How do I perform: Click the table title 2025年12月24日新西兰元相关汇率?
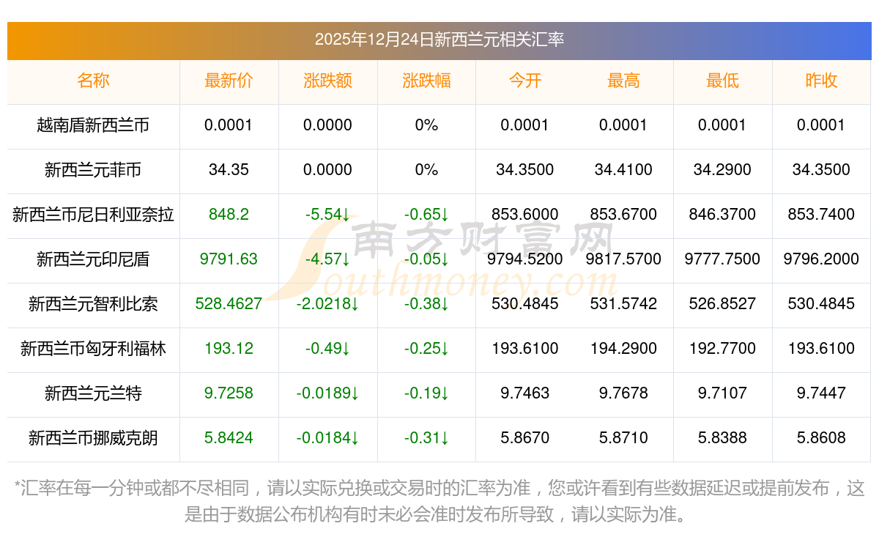point(439,40)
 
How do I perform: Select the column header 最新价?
point(229,81)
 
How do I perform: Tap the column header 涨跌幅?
point(426,81)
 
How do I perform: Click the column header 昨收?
point(821,81)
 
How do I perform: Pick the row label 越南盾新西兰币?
point(93,125)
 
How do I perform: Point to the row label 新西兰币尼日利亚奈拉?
point(93,215)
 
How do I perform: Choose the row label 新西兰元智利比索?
point(93,304)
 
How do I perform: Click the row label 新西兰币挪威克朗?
point(93,438)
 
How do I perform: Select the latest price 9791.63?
point(229,259)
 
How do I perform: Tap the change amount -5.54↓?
point(327,215)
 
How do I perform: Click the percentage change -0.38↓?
point(426,304)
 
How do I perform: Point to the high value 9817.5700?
point(623,259)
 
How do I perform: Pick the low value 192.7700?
point(722,349)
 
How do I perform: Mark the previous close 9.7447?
point(821,393)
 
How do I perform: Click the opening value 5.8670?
point(524,438)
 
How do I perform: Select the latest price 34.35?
point(229,170)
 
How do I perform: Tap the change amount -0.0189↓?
point(327,393)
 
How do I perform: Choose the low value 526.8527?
point(722,304)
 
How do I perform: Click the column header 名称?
point(93,81)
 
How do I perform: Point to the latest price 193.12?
point(229,349)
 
